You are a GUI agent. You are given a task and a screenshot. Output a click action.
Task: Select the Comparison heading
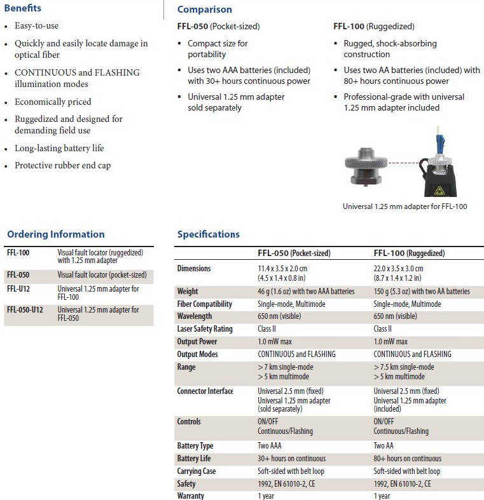[x=204, y=10]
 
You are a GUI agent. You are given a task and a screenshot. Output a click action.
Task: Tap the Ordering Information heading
[x=55, y=234]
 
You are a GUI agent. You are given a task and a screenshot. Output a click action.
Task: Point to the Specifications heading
[x=208, y=234]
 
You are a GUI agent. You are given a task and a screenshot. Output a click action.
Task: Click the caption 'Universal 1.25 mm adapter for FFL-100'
[x=404, y=206]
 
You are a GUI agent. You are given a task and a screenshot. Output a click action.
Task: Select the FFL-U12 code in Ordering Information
[x=20, y=288]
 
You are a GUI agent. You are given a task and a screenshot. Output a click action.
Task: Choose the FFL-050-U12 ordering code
[x=29, y=309]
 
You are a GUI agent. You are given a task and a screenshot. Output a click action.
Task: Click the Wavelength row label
[x=195, y=316]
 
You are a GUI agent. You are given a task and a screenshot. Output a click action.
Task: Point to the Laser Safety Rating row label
[x=205, y=329]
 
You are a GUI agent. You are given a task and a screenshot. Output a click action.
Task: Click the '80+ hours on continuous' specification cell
[x=407, y=459]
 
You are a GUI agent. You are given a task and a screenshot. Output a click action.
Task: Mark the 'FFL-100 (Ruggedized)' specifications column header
[x=409, y=253]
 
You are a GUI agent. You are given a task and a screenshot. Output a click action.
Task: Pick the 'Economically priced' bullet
[x=53, y=102]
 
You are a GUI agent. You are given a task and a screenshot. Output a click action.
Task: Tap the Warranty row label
[x=191, y=496]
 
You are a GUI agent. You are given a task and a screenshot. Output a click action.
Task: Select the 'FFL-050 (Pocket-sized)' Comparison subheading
[x=218, y=27]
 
